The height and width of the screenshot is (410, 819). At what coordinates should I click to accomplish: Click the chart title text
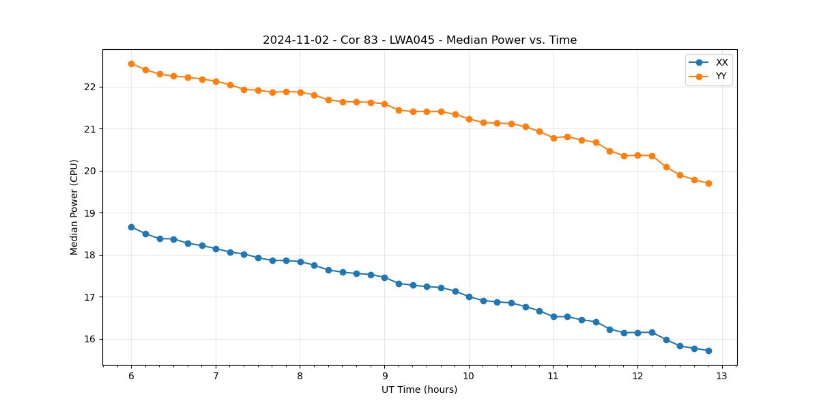click(x=420, y=40)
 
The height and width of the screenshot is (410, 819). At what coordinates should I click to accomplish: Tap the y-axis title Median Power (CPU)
click(x=74, y=207)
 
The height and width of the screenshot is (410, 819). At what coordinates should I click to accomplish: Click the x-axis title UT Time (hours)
click(x=419, y=389)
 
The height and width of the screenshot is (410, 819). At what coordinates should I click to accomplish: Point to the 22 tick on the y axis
click(x=92, y=87)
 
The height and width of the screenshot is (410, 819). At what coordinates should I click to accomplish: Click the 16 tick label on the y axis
click(x=92, y=339)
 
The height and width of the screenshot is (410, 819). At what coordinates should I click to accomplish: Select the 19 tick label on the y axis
click(x=92, y=213)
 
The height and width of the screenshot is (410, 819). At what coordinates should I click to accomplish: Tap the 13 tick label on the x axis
click(x=722, y=376)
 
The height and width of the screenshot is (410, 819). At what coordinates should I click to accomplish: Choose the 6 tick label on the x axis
click(x=131, y=376)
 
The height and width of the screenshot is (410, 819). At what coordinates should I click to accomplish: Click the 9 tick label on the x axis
click(x=384, y=376)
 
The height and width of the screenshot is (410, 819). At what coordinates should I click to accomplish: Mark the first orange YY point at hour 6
click(x=131, y=64)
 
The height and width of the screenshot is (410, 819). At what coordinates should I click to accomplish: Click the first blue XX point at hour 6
click(x=131, y=227)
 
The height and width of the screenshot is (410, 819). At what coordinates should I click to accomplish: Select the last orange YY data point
click(x=708, y=183)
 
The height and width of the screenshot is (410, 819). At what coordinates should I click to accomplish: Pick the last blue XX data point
click(x=708, y=351)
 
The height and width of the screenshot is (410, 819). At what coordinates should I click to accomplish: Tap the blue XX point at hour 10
click(x=469, y=297)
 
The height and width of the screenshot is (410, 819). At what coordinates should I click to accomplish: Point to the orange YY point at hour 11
click(x=554, y=138)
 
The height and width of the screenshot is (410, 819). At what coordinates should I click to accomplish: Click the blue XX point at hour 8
click(x=300, y=262)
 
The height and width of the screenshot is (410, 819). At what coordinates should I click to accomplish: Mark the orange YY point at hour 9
click(x=384, y=104)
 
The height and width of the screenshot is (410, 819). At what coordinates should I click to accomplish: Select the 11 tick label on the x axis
click(x=554, y=376)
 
